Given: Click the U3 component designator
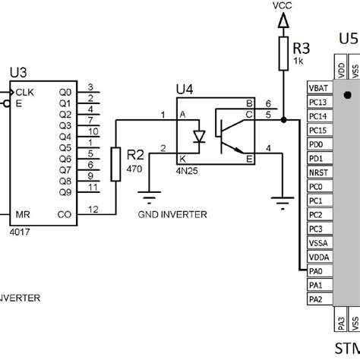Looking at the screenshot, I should [x=17, y=73].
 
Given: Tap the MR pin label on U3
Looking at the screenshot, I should [x=22, y=215].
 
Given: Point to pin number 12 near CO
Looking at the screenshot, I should [x=92, y=209].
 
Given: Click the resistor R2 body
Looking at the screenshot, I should [x=115, y=164].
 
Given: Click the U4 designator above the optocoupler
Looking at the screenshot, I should [x=185, y=90].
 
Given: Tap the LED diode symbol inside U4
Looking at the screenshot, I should [x=199, y=136].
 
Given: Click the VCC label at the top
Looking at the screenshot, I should [x=282, y=6].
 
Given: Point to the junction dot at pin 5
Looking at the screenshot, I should [x=282, y=120].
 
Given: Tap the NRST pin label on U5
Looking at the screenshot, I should [x=317, y=172].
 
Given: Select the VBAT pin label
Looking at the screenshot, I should [x=318, y=88].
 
